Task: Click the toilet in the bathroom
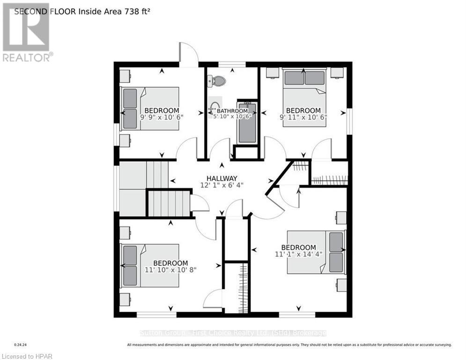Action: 217,81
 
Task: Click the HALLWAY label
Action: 222,178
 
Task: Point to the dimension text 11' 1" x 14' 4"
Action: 299,255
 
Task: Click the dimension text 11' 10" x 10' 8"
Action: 170,270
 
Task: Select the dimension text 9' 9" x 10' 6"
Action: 161,117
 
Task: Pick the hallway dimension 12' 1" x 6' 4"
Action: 222,185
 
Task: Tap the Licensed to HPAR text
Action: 27,356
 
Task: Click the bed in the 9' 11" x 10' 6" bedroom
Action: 305,96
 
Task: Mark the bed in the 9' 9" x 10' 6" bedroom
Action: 150,108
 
